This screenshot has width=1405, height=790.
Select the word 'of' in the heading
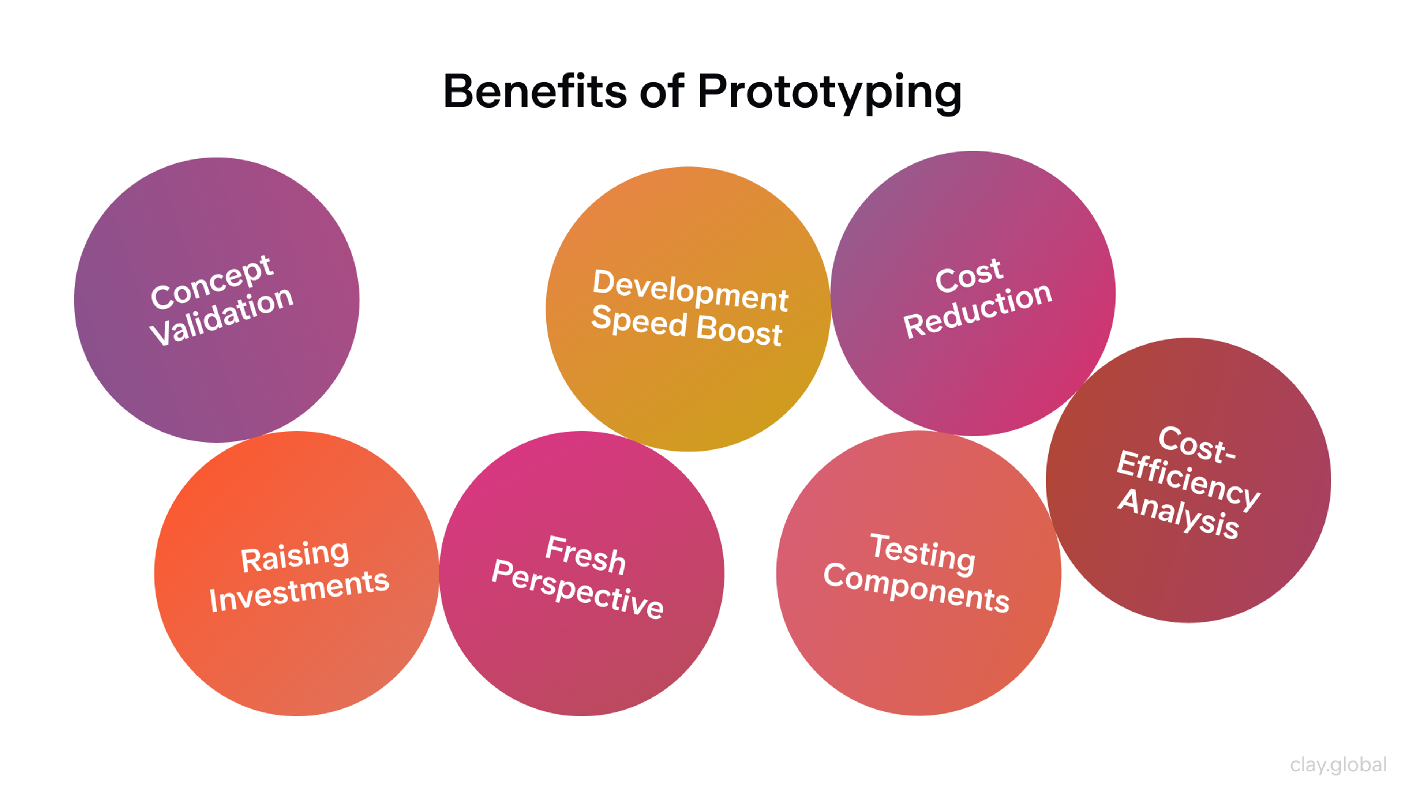click(x=662, y=91)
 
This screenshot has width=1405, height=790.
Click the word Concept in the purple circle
click(x=211, y=282)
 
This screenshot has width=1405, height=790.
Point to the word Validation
click(x=221, y=317)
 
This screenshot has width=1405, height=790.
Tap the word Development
click(x=690, y=291)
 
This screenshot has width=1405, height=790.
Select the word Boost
click(x=739, y=330)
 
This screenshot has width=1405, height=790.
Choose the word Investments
click(x=299, y=590)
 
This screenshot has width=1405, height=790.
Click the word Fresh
click(x=585, y=555)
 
